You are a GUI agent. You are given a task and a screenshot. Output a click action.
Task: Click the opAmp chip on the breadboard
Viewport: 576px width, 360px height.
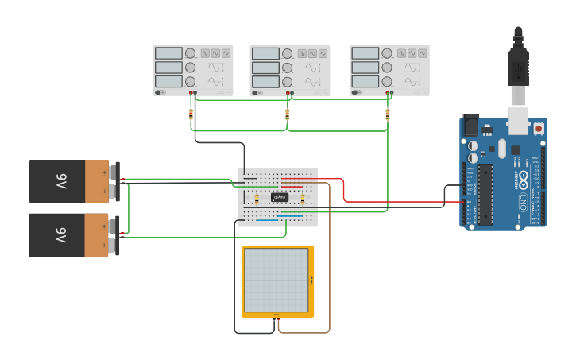280,197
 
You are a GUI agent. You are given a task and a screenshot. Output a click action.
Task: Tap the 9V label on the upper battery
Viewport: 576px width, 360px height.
60,182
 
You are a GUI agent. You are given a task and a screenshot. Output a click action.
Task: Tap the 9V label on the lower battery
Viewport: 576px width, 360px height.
60,235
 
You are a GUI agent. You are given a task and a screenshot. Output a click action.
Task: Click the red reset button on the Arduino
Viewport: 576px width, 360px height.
539,127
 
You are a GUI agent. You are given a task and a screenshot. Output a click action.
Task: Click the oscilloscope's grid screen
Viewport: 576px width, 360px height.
276,281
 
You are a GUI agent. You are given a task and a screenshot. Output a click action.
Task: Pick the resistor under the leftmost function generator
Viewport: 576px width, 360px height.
191,114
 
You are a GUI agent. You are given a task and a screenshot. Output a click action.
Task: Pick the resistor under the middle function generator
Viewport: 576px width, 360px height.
288,114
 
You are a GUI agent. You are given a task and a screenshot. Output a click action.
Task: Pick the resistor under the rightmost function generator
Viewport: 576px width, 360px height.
388,114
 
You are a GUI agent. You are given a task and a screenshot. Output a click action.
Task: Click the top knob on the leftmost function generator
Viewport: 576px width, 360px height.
191,53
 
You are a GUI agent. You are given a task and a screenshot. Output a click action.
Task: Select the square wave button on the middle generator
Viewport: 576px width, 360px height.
300,53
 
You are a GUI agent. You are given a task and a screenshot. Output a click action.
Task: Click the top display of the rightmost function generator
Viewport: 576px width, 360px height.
365,53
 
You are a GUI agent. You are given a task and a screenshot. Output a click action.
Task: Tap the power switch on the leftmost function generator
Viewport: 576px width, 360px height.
159,92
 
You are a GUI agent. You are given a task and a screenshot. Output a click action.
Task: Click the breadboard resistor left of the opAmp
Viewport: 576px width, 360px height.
257,198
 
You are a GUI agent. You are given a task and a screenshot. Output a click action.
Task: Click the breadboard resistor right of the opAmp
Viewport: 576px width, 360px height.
303,198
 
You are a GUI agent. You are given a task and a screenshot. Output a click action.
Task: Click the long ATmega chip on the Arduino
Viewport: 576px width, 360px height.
485,194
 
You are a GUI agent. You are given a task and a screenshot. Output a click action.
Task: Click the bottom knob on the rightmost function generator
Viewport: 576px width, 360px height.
387,82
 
